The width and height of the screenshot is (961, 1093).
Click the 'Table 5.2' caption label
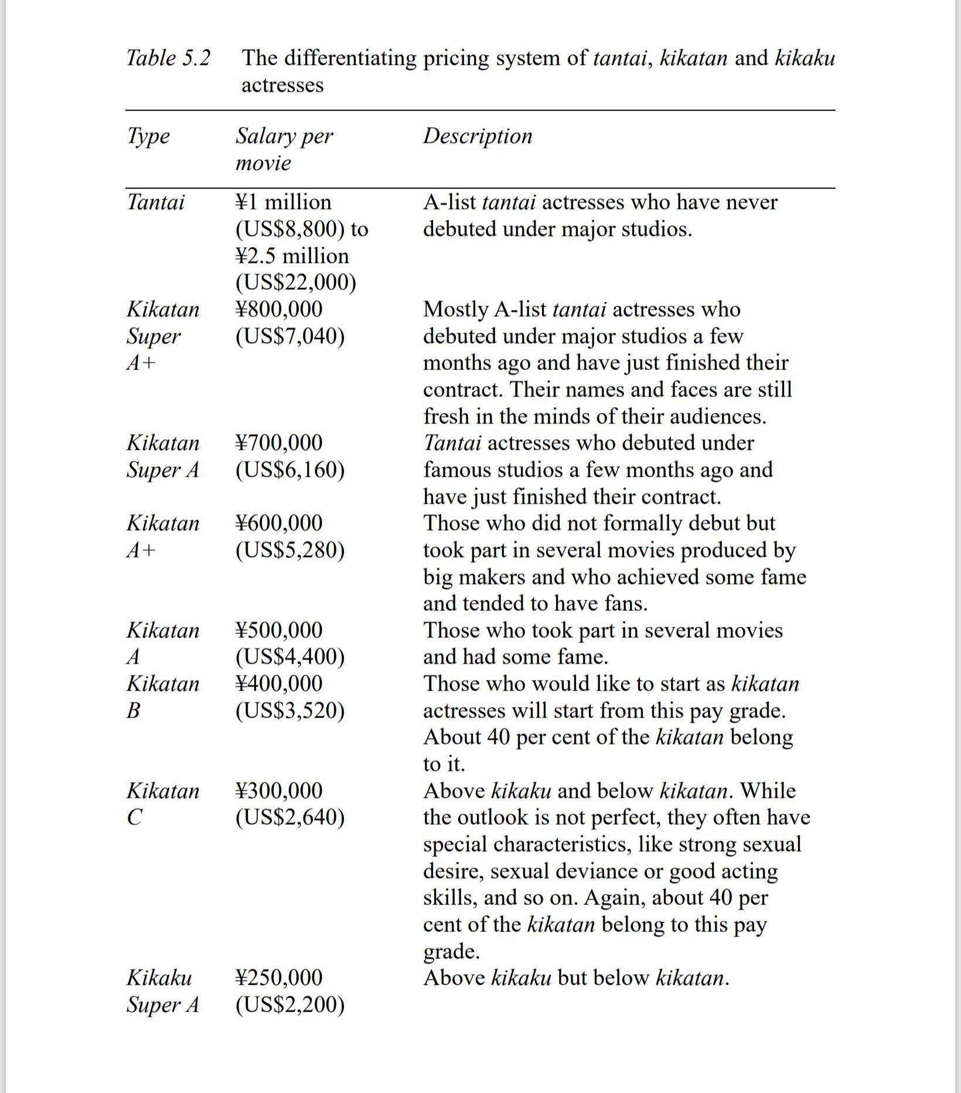[x=168, y=58]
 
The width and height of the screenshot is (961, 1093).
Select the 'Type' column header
[x=148, y=136]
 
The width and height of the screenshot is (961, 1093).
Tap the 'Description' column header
[x=478, y=136]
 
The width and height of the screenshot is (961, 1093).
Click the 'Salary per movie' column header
[x=284, y=149]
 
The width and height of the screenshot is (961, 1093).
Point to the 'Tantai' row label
[x=155, y=202]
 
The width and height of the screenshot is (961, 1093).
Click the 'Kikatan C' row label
[x=163, y=804]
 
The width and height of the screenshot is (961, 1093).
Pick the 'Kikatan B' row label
[x=163, y=696]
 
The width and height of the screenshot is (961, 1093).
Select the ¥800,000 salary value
[x=279, y=309]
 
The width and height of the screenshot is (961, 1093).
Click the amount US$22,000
[x=296, y=282]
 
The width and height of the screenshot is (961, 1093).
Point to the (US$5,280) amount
[x=290, y=550]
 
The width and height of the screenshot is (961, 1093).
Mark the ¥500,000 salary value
[x=279, y=630]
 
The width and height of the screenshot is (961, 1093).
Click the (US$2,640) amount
[x=290, y=817]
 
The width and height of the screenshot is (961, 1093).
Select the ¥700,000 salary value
[x=279, y=443]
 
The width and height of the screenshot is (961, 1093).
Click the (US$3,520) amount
[x=290, y=711]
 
